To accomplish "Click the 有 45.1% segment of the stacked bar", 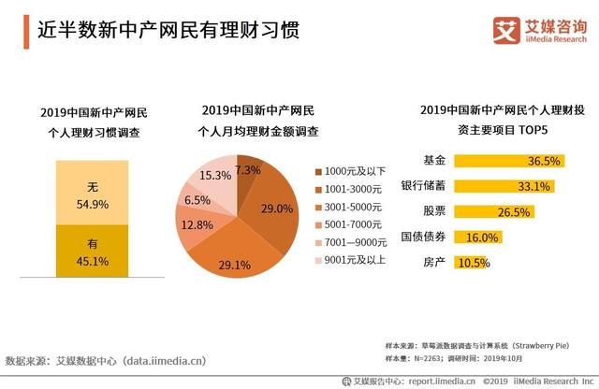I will tap(93, 252).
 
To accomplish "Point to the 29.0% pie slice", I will tap(267, 206).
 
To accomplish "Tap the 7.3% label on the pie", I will tap(247, 170).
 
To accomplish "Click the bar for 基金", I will tap(506, 160).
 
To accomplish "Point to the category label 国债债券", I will tap(423, 237).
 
